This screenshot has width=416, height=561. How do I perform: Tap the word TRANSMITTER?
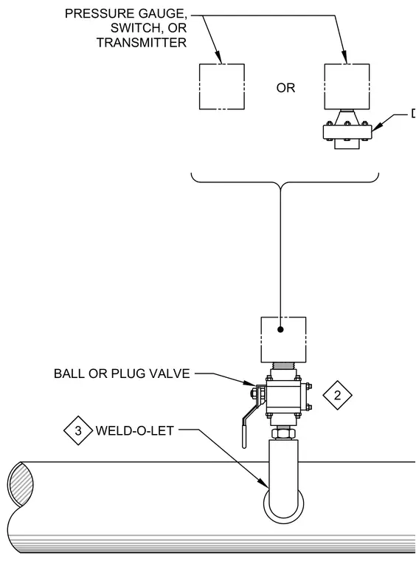(x=142, y=43)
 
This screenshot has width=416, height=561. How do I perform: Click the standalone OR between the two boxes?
(x=285, y=88)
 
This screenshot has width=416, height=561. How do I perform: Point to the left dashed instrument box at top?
(x=221, y=86)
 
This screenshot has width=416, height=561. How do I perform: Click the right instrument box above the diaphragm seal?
(x=347, y=86)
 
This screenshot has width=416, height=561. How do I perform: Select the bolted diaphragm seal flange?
(x=347, y=131)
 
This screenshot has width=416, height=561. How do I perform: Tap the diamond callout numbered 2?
(x=337, y=395)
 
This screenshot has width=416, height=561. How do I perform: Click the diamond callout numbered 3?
(x=78, y=430)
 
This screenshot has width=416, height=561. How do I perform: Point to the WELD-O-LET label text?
(x=135, y=430)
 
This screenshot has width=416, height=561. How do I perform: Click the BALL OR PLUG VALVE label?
(x=122, y=374)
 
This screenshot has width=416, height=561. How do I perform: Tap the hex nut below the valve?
(x=283, y=433)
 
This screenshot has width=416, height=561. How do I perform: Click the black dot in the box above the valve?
(x=280, y=329)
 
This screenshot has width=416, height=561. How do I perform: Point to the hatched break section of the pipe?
(x=21, y=483)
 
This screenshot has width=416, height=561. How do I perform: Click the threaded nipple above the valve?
(x=283, y=366)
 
